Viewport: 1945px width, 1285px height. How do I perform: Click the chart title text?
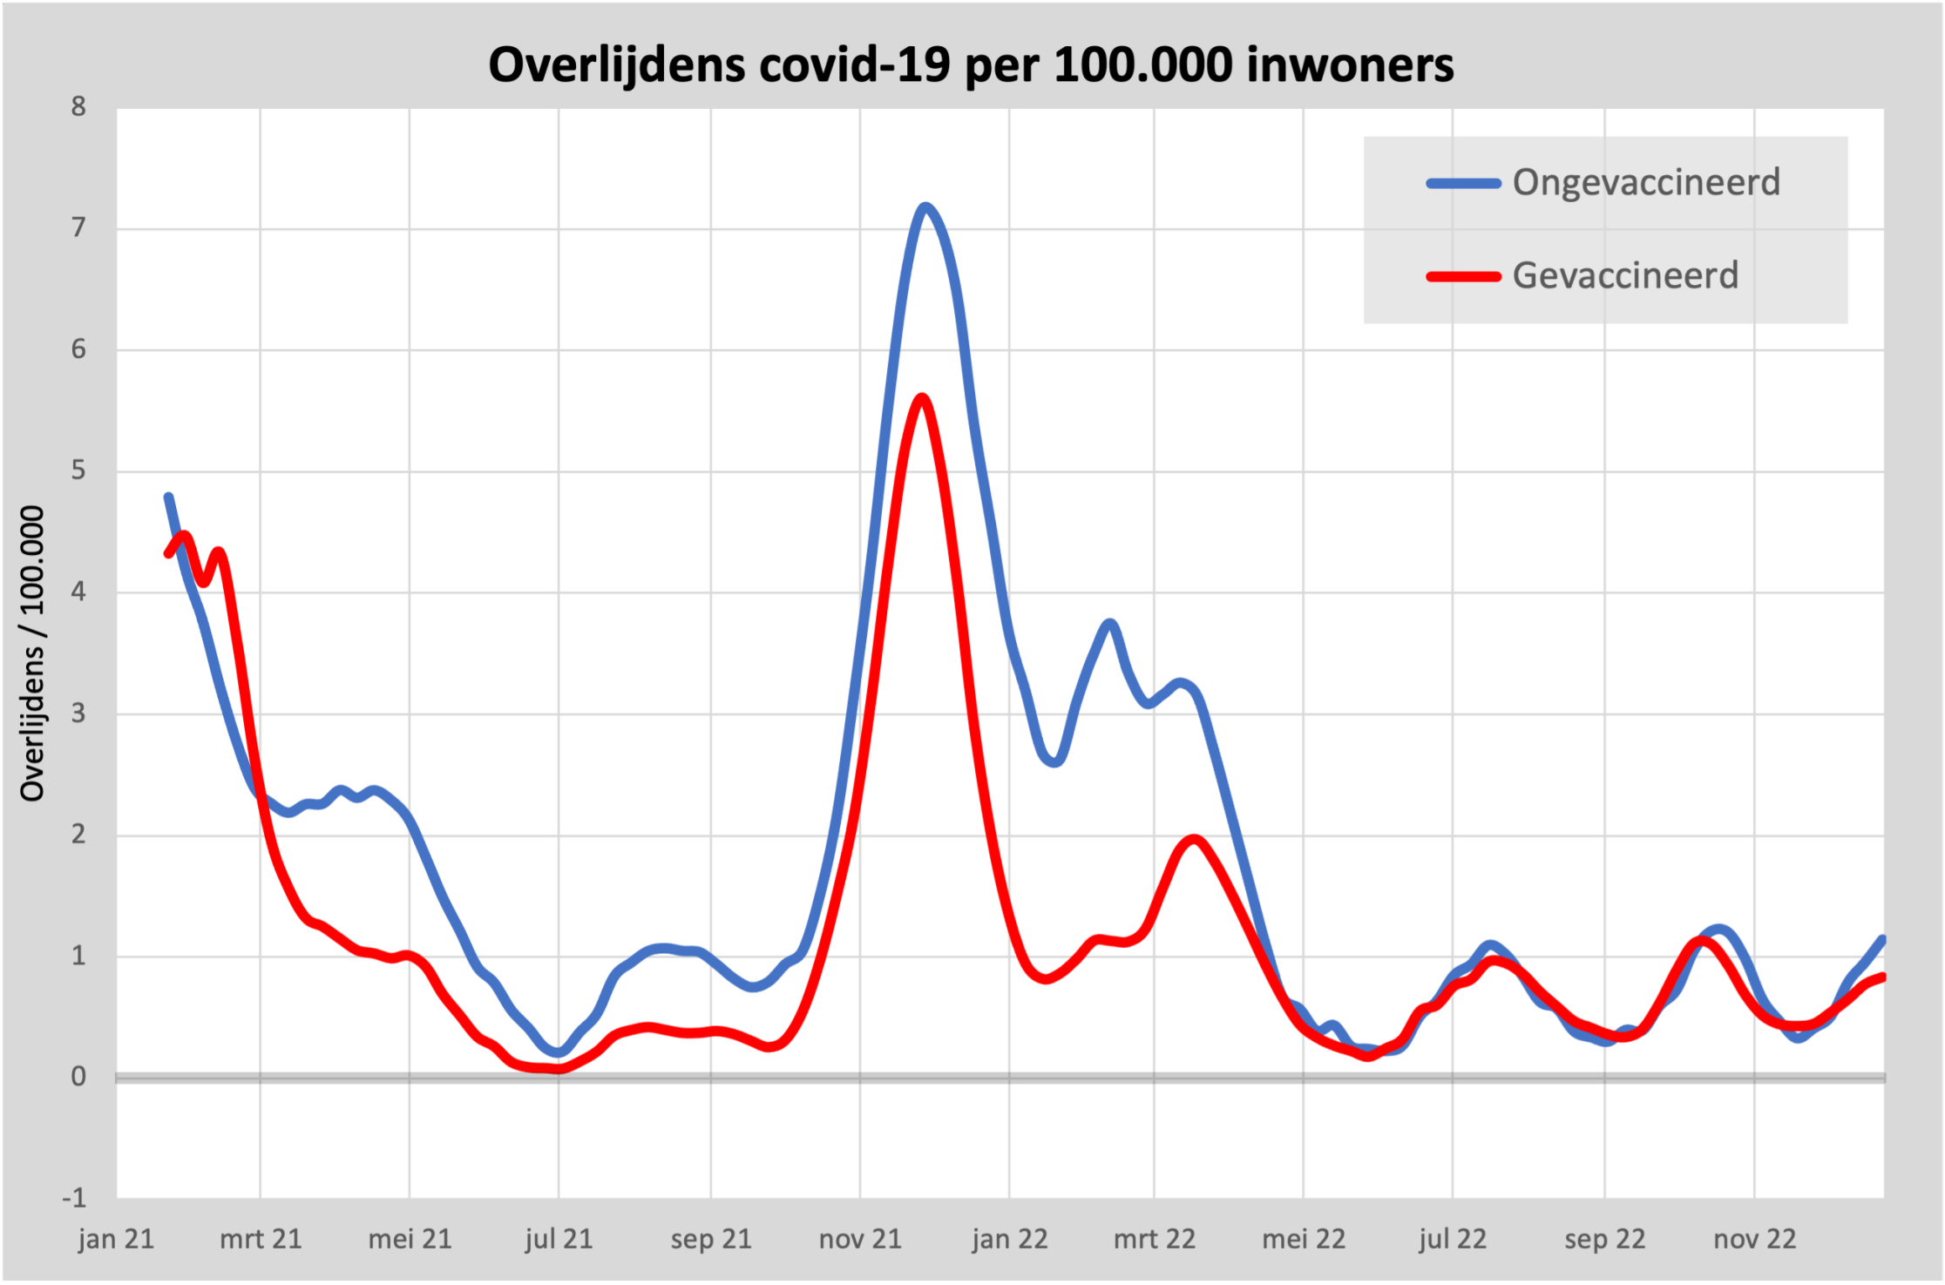click(971, 64)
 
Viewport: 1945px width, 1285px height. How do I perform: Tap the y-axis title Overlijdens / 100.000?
click(32, 653)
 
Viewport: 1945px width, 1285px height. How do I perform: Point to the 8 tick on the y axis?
click(79, 107)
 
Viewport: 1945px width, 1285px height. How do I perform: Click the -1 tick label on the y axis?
click(74, 1198)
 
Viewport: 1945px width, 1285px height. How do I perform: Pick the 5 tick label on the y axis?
click(79, 470)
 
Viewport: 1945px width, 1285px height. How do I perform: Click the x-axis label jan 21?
click(116, 1239)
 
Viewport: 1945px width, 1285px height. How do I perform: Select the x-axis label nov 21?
click(860, 1239)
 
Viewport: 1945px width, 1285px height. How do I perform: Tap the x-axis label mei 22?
click(1304, 1239)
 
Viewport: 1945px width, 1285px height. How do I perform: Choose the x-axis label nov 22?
click(1754, 1239)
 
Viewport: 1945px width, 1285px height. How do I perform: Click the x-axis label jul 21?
click(559, 1239)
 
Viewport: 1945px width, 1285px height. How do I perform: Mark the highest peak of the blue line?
click(925, 206)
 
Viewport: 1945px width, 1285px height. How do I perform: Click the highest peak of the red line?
click(922, 398)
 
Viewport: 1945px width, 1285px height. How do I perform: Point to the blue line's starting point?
click(168, 497)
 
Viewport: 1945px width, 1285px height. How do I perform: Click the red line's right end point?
click(1882, 977)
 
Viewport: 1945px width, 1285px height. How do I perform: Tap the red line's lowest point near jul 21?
click(558, 1069)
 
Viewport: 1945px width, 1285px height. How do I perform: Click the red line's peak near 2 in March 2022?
click(1193, 840)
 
